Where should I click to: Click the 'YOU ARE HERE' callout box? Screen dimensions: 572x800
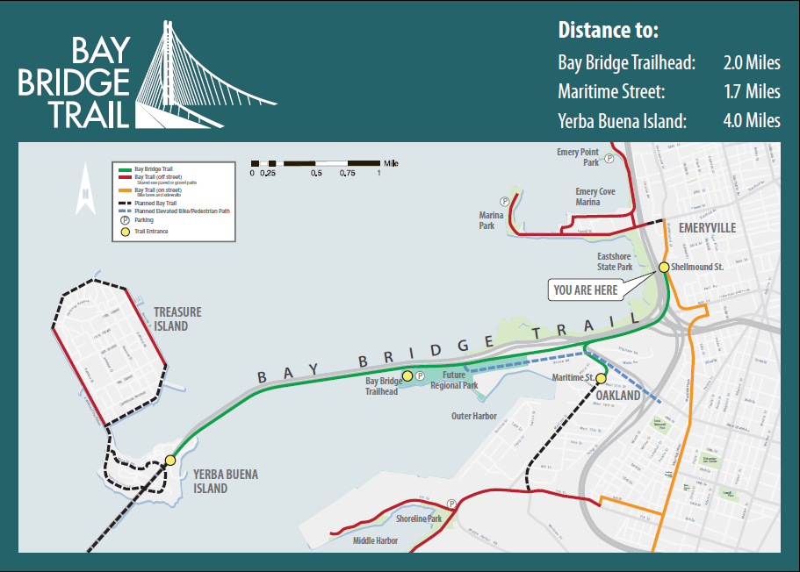click(x=586, y=290)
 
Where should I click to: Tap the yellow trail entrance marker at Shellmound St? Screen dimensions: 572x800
click(x=664, y=267)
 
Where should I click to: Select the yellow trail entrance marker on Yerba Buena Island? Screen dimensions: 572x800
click(x=170, y=460)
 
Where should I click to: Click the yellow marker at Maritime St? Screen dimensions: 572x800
click(x=602, y=378)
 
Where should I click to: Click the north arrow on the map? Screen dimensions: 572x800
click(x=85, y=190)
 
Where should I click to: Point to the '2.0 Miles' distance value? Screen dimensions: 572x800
click(x=752, y=63)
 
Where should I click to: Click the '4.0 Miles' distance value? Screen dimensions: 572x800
click(x=752, y=121)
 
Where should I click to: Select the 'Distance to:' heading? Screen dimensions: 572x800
click(x=608, y=30)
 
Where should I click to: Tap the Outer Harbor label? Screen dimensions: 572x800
click(x=474, y=416)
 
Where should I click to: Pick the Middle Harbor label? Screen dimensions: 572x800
click(x=375, y=540)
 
